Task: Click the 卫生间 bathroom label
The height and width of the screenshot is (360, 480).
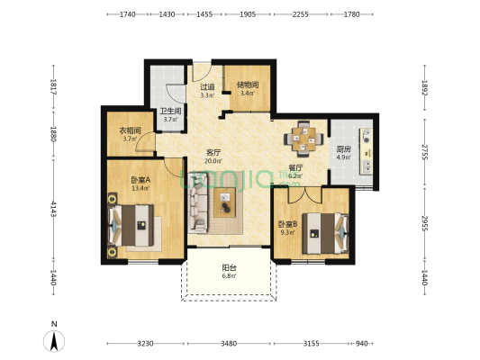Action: (x=170, y=111)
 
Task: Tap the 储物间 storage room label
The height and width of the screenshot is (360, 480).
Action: (x=248, y=85)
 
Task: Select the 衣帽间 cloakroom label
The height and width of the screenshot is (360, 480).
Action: (x=130, y=130)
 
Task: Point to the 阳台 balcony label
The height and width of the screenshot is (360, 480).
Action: (x=229, y=268)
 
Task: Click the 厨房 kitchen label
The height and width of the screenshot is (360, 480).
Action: (x=343, y=149)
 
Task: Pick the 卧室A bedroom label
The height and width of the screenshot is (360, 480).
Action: (x=140, y=180)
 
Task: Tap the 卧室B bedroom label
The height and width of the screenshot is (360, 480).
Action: (x=287, y=224)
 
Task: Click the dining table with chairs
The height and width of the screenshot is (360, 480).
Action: (x=303, y=139)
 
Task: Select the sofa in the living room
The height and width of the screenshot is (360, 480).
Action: (x=198, y=202)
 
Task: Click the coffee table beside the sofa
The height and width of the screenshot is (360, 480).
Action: (x=225, y=202)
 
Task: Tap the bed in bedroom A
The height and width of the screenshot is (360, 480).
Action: (x=131, y=225)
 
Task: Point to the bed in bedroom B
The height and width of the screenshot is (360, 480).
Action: (x=325, y=234)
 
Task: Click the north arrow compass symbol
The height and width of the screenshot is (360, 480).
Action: (x=54, y=341)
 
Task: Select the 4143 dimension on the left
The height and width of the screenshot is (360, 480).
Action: (x=53, y=209)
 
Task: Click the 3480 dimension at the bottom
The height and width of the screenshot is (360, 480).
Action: (x=229, y=344)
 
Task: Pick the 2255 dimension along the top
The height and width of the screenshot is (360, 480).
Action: (x=300, y=14)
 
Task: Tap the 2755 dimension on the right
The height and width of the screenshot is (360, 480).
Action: (x=424, y=152)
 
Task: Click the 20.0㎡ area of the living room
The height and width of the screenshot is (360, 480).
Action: (x=213, y=161)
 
